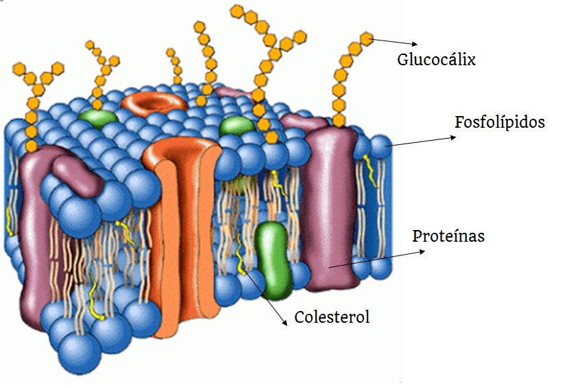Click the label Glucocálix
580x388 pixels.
(x=436, y=60)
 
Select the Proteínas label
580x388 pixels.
(x=448, y=237)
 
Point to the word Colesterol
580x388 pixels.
(x=332, y=317)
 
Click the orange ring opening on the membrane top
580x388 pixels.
(x=154, y=102)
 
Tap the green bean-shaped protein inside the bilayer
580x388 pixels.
(x=274, y=259)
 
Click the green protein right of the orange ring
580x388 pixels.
(x=237, y=125)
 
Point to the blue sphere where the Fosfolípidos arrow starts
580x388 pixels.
(x=380, y=145)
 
